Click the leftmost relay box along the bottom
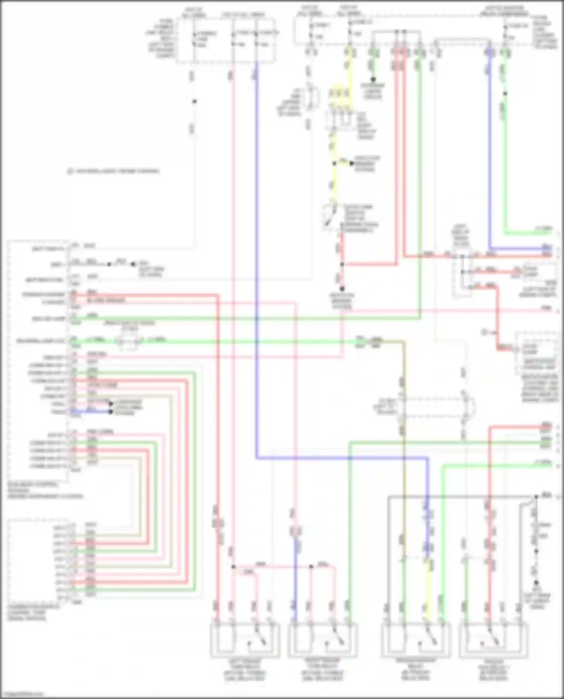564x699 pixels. click(244, 640)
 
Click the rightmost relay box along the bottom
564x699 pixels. click(494, 640)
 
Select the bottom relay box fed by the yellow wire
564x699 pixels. click(415, 640)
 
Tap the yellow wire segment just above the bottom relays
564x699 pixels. click(428, 586)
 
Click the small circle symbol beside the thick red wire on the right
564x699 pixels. click(485, 332)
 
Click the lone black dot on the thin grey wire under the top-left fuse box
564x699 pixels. click(194, 101)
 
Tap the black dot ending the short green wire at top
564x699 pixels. click(373, 80)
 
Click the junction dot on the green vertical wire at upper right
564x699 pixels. click(505, 94)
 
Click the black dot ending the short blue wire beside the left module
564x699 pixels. click(111, 412)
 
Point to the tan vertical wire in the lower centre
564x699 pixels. click(403, 470)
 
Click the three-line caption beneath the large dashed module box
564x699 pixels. click(45, 490)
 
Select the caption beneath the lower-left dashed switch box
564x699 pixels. click(34, 612)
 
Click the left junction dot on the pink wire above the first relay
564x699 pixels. click(233, 566)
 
